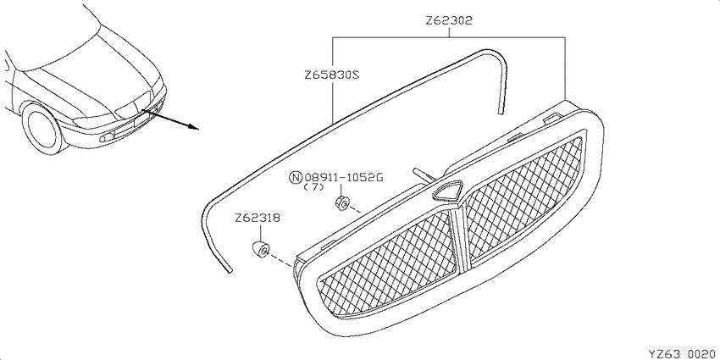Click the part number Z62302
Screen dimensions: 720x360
[x=449, y=20]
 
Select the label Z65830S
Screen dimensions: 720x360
[x=331, y=75]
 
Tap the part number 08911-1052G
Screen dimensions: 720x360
[x=344, y=177]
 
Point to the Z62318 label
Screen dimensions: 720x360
[x=258, y=218]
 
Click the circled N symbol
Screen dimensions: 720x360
[x=296, y=177]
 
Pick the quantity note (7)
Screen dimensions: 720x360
[x=313, y=187]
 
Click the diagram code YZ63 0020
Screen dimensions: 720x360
[x=683, y=353]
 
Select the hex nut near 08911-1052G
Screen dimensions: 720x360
[x=341, y=202]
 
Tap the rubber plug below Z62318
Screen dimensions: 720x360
[x=260, y=249]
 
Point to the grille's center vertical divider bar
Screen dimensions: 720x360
[x=460, y=239]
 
